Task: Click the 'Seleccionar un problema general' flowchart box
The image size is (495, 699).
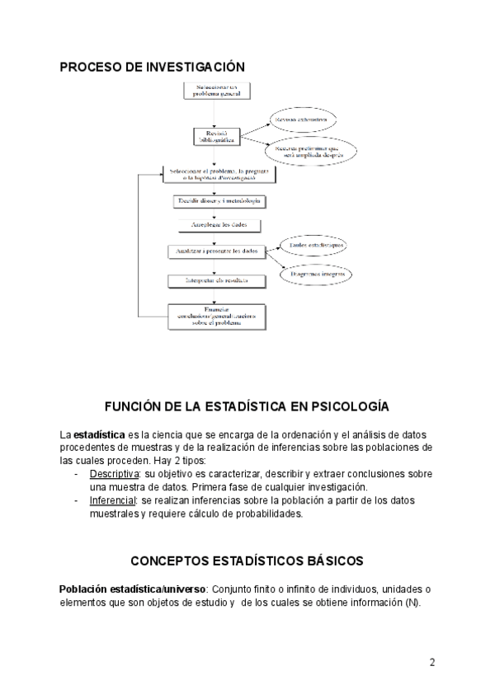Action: click(x=217, y=91)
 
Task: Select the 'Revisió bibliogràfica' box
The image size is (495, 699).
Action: click(x=217, y=137)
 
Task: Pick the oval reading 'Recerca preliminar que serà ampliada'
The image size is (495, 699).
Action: click(x=310, y=152)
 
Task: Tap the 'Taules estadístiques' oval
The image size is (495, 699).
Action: click(x=313, y=246)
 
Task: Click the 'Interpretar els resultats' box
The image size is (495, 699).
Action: click(x=217, y=281)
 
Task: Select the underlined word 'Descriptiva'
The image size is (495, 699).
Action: click(x=114, y=474)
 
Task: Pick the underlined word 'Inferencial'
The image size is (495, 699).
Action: click(x=113, y=500)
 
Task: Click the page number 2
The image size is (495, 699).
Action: click(x=431, y=662)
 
